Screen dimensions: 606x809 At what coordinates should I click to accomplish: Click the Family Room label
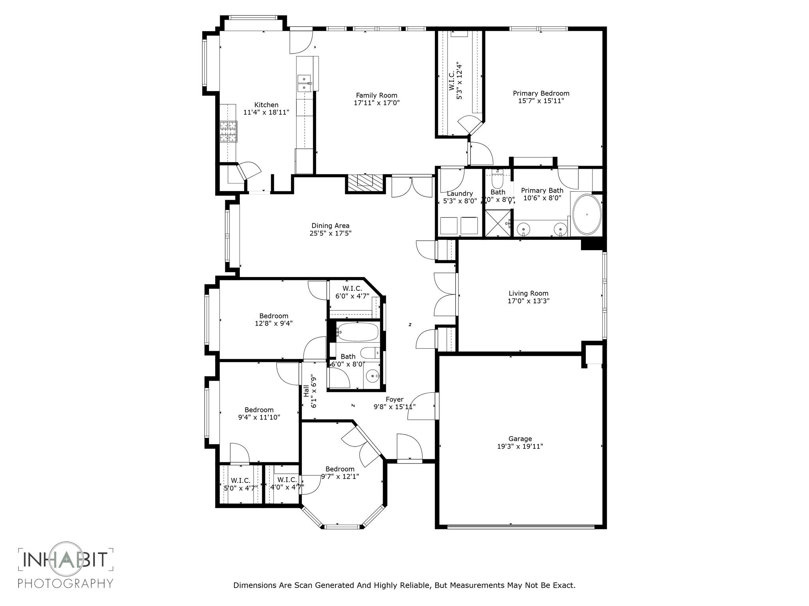coord(376,95)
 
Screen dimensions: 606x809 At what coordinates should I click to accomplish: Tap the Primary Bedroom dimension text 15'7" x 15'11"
coord(541,101)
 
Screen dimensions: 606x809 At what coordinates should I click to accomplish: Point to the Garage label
coord(520,439)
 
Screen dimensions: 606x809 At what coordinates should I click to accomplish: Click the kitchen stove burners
coord(228,132)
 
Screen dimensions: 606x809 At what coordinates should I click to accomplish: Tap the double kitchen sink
coord(304,83)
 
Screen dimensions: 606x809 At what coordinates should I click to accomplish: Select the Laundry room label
coord(459,194)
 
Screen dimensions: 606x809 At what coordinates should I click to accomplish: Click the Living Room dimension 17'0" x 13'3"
coord(528,301)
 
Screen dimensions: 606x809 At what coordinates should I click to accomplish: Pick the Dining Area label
coord(330,226)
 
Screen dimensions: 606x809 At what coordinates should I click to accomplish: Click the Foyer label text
coord(394,400)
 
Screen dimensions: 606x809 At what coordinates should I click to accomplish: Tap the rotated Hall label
coord(306,391)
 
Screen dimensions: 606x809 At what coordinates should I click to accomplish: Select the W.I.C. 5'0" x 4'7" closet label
coord(240,484)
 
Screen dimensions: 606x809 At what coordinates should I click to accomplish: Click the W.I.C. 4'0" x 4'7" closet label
coord(287,483)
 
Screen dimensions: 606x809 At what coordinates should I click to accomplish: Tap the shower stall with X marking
coord(498,224)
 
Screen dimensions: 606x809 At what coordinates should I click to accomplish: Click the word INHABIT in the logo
coord(66,559)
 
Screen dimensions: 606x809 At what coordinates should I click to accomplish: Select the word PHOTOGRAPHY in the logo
coord(66,583)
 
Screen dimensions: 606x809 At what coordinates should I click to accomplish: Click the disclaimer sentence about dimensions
coord(404,585)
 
